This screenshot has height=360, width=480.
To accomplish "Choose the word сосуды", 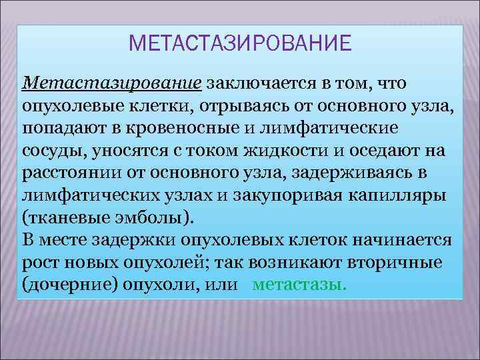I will coord(49,150).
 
